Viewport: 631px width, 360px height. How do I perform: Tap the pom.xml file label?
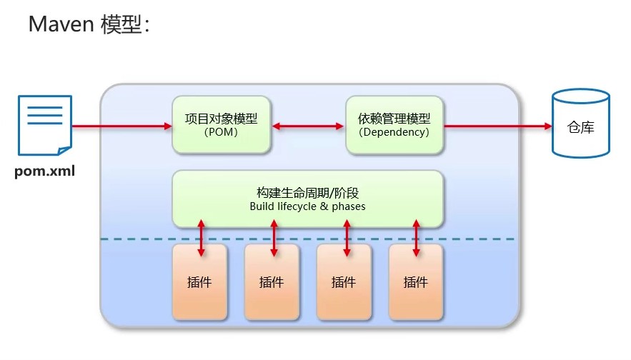45,171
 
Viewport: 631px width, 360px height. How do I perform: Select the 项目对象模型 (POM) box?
222,125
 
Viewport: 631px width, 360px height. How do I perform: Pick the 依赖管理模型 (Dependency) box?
394,125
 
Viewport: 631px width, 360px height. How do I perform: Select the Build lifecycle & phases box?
307,199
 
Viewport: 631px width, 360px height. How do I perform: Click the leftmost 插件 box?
199,281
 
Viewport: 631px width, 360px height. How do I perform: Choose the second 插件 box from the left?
272,281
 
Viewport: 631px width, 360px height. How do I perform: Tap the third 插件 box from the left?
344,281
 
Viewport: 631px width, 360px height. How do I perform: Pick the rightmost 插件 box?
416,281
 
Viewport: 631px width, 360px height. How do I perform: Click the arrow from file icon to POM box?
121,126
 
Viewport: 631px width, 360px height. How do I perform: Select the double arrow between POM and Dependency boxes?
309,126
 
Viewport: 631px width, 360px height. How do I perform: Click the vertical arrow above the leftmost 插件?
201,238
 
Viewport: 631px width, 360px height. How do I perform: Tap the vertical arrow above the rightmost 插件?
417,238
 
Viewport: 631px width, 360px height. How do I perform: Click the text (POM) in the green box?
221,132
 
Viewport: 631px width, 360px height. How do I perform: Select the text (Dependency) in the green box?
394,132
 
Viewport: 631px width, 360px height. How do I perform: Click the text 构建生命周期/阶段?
307,193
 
